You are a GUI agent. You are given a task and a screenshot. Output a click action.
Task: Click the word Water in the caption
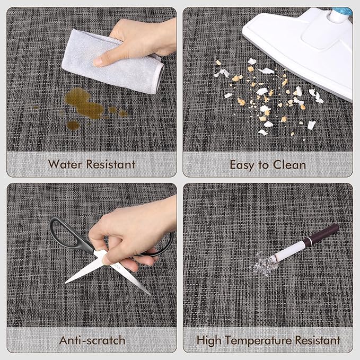(x=65, y=164)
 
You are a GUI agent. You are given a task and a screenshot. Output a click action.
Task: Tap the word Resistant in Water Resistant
(x=111, y=164)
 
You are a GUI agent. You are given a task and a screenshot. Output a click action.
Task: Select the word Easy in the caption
(x=243, y=165)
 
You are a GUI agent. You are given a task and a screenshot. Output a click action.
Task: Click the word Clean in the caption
(x=289, y=165)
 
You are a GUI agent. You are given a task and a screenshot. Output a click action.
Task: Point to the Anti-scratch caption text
(x=92, y=340)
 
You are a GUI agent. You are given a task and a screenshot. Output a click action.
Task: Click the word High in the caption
(x=209, y=341)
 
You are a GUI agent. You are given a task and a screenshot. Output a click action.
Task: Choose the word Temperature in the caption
(x=259, y=341)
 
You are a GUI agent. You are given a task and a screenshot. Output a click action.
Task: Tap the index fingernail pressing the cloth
(x=98, y=62)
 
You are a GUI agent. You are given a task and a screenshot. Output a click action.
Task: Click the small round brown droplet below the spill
(x=73, y=125)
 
